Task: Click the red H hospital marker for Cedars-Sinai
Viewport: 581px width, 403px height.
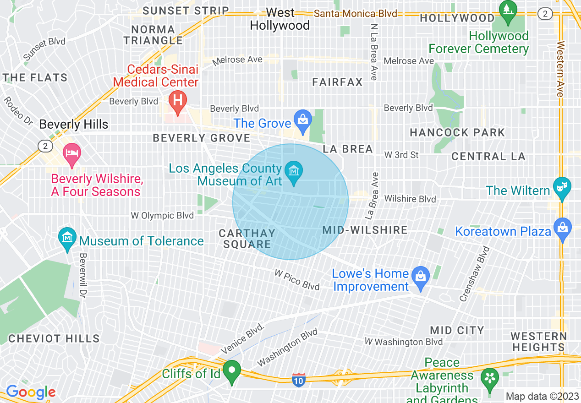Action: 177,99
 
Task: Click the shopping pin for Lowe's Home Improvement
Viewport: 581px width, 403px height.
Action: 420,276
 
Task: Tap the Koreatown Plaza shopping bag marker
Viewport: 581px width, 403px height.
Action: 562,227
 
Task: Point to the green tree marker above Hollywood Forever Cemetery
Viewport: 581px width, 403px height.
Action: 508,10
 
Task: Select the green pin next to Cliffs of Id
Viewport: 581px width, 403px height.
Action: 232,370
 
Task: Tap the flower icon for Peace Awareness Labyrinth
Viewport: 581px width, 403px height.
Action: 490,378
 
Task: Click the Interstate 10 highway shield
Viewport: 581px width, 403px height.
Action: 299,379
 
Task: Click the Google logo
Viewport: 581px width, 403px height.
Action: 31,392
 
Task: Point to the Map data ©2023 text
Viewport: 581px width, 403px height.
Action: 542,396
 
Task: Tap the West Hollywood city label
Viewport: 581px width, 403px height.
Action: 280,19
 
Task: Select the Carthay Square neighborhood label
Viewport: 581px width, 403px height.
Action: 247,239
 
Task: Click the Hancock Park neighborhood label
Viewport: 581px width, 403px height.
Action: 457,133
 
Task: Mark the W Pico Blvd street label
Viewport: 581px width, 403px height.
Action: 297,280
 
